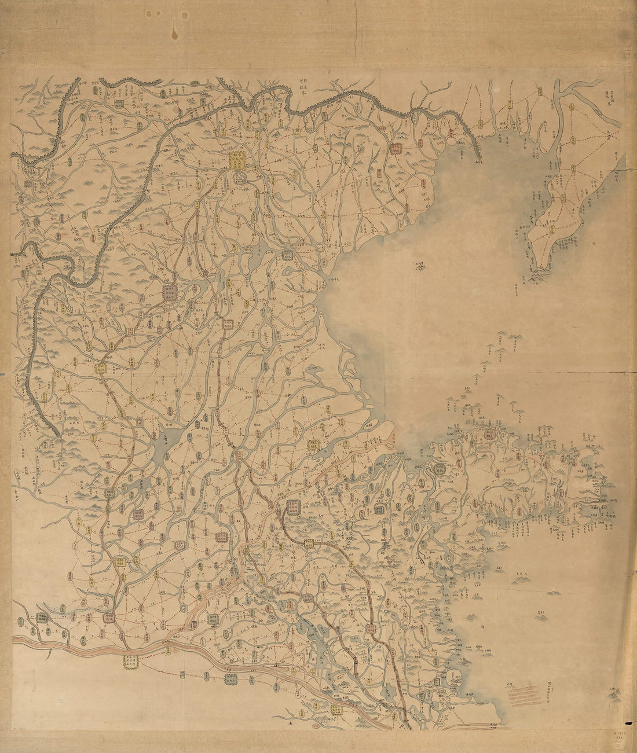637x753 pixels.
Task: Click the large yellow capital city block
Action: [237, 160]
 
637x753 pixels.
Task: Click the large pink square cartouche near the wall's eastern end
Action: [396, 148]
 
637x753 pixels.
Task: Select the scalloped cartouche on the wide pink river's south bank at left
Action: [131, 660]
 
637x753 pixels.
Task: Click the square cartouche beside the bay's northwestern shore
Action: [288, 255]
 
